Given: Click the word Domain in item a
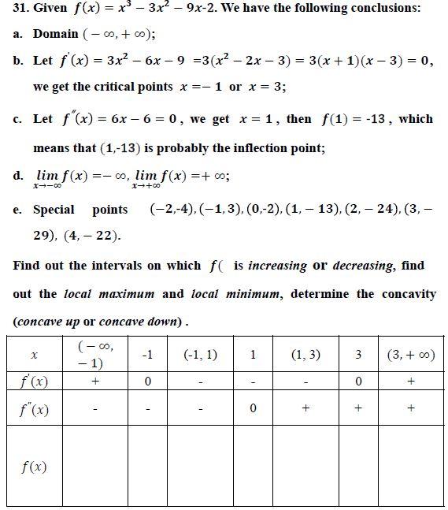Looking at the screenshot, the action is click(55, 34).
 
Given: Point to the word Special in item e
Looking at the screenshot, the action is click(54, 210).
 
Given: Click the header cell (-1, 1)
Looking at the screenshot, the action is click(200, 355).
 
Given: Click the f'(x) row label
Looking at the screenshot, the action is click(34, 382).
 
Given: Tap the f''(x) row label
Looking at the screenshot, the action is click(34, 409).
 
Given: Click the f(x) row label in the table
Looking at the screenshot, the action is click(34, 466).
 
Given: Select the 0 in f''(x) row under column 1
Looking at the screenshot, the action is click(253, 409).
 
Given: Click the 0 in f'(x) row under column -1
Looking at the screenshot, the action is click(147, 382).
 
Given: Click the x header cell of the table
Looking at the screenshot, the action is click(34, 355).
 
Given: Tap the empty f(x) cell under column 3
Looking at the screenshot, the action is click(358, 466).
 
